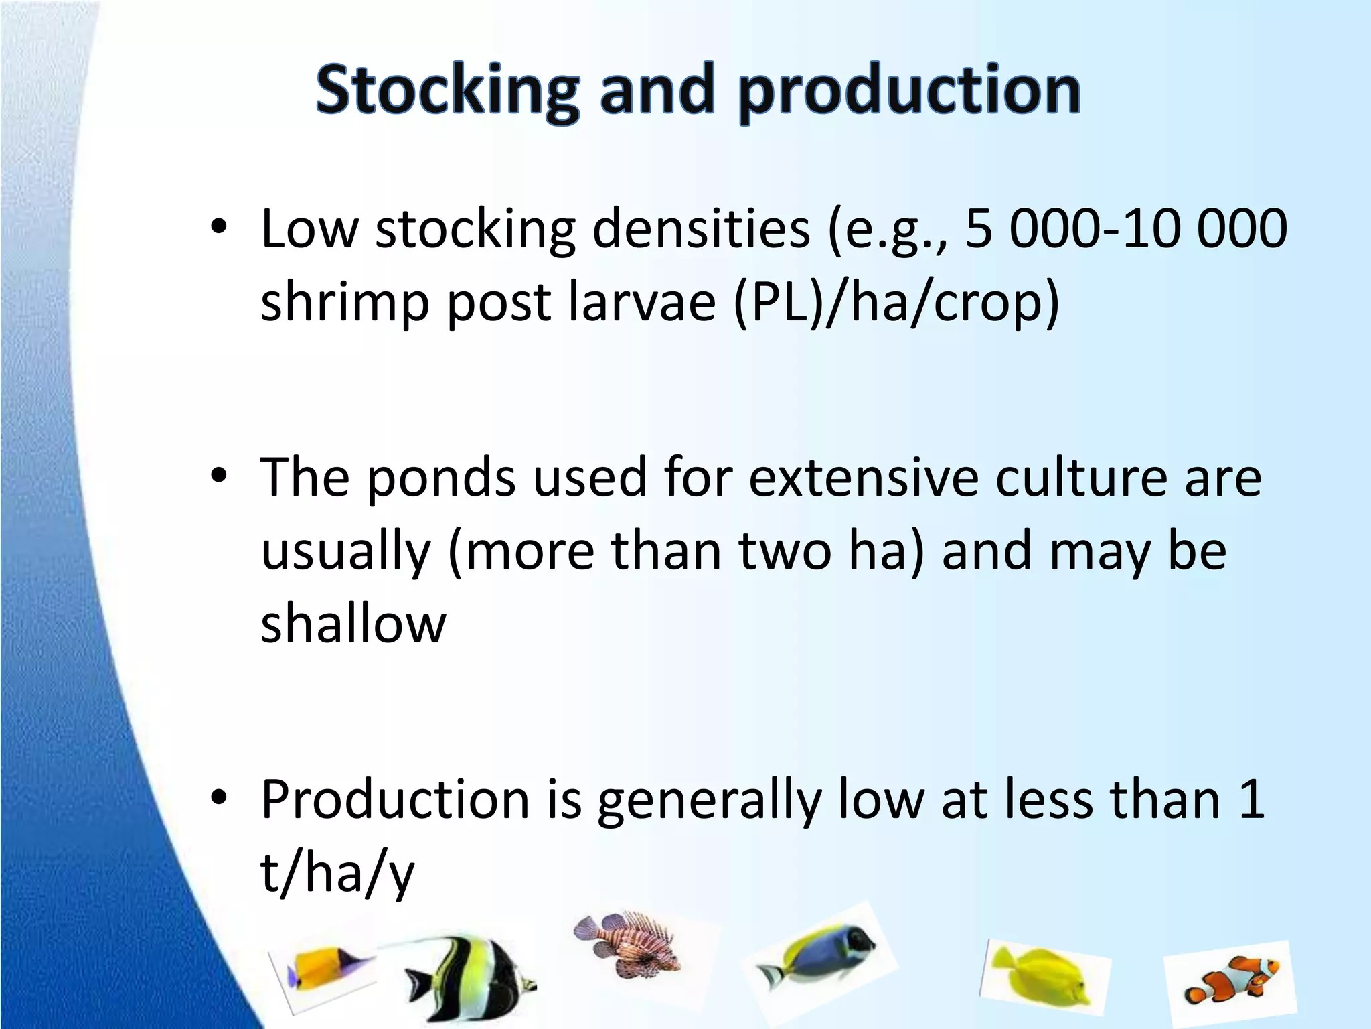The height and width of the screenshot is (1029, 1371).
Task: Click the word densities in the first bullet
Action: (701, 229)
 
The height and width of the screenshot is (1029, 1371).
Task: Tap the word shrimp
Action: (344, 303)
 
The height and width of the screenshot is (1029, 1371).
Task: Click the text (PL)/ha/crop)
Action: (896, 303)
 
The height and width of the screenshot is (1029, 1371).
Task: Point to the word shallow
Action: (353, 624)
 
